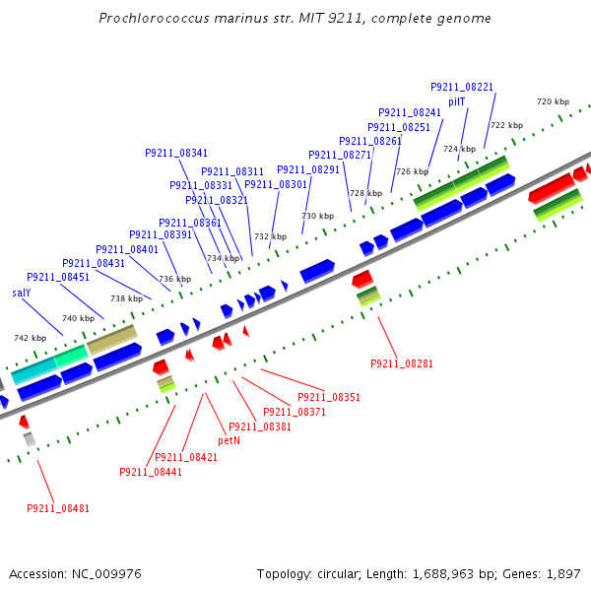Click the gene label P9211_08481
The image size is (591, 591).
pyautogui.click(x=58, y=508)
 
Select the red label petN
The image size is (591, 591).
pyautogui.click(x=229, y=440)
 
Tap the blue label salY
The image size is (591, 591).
pyautogui.click(x=22, y=293)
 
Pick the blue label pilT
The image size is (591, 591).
pyautogui.click(x=457, y=101)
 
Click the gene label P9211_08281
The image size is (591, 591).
pyautogui.click(x=402, y=363)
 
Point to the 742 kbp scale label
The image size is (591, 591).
pyautogui.click(x=29, y=338)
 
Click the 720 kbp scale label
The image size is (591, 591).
pyautogui.click(x=553, y=101)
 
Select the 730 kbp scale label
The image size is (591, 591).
pyautogui.click(x=317, y=216)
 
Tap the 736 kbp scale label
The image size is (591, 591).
pyautogui.click(x=175, y=279)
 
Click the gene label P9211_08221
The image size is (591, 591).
pyautogui.click(x=462, y=88)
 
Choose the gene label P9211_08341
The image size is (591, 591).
pyautogui.click(x=176, y=153)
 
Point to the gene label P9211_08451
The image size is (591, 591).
pyautogui.click(x=58, y=278)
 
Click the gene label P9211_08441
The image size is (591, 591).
pyautogui.click(x=151, y=472)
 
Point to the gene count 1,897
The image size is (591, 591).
pyautogui.click(x=562, y=573)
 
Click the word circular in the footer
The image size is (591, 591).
pyautogui.click(x=340, y=573)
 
